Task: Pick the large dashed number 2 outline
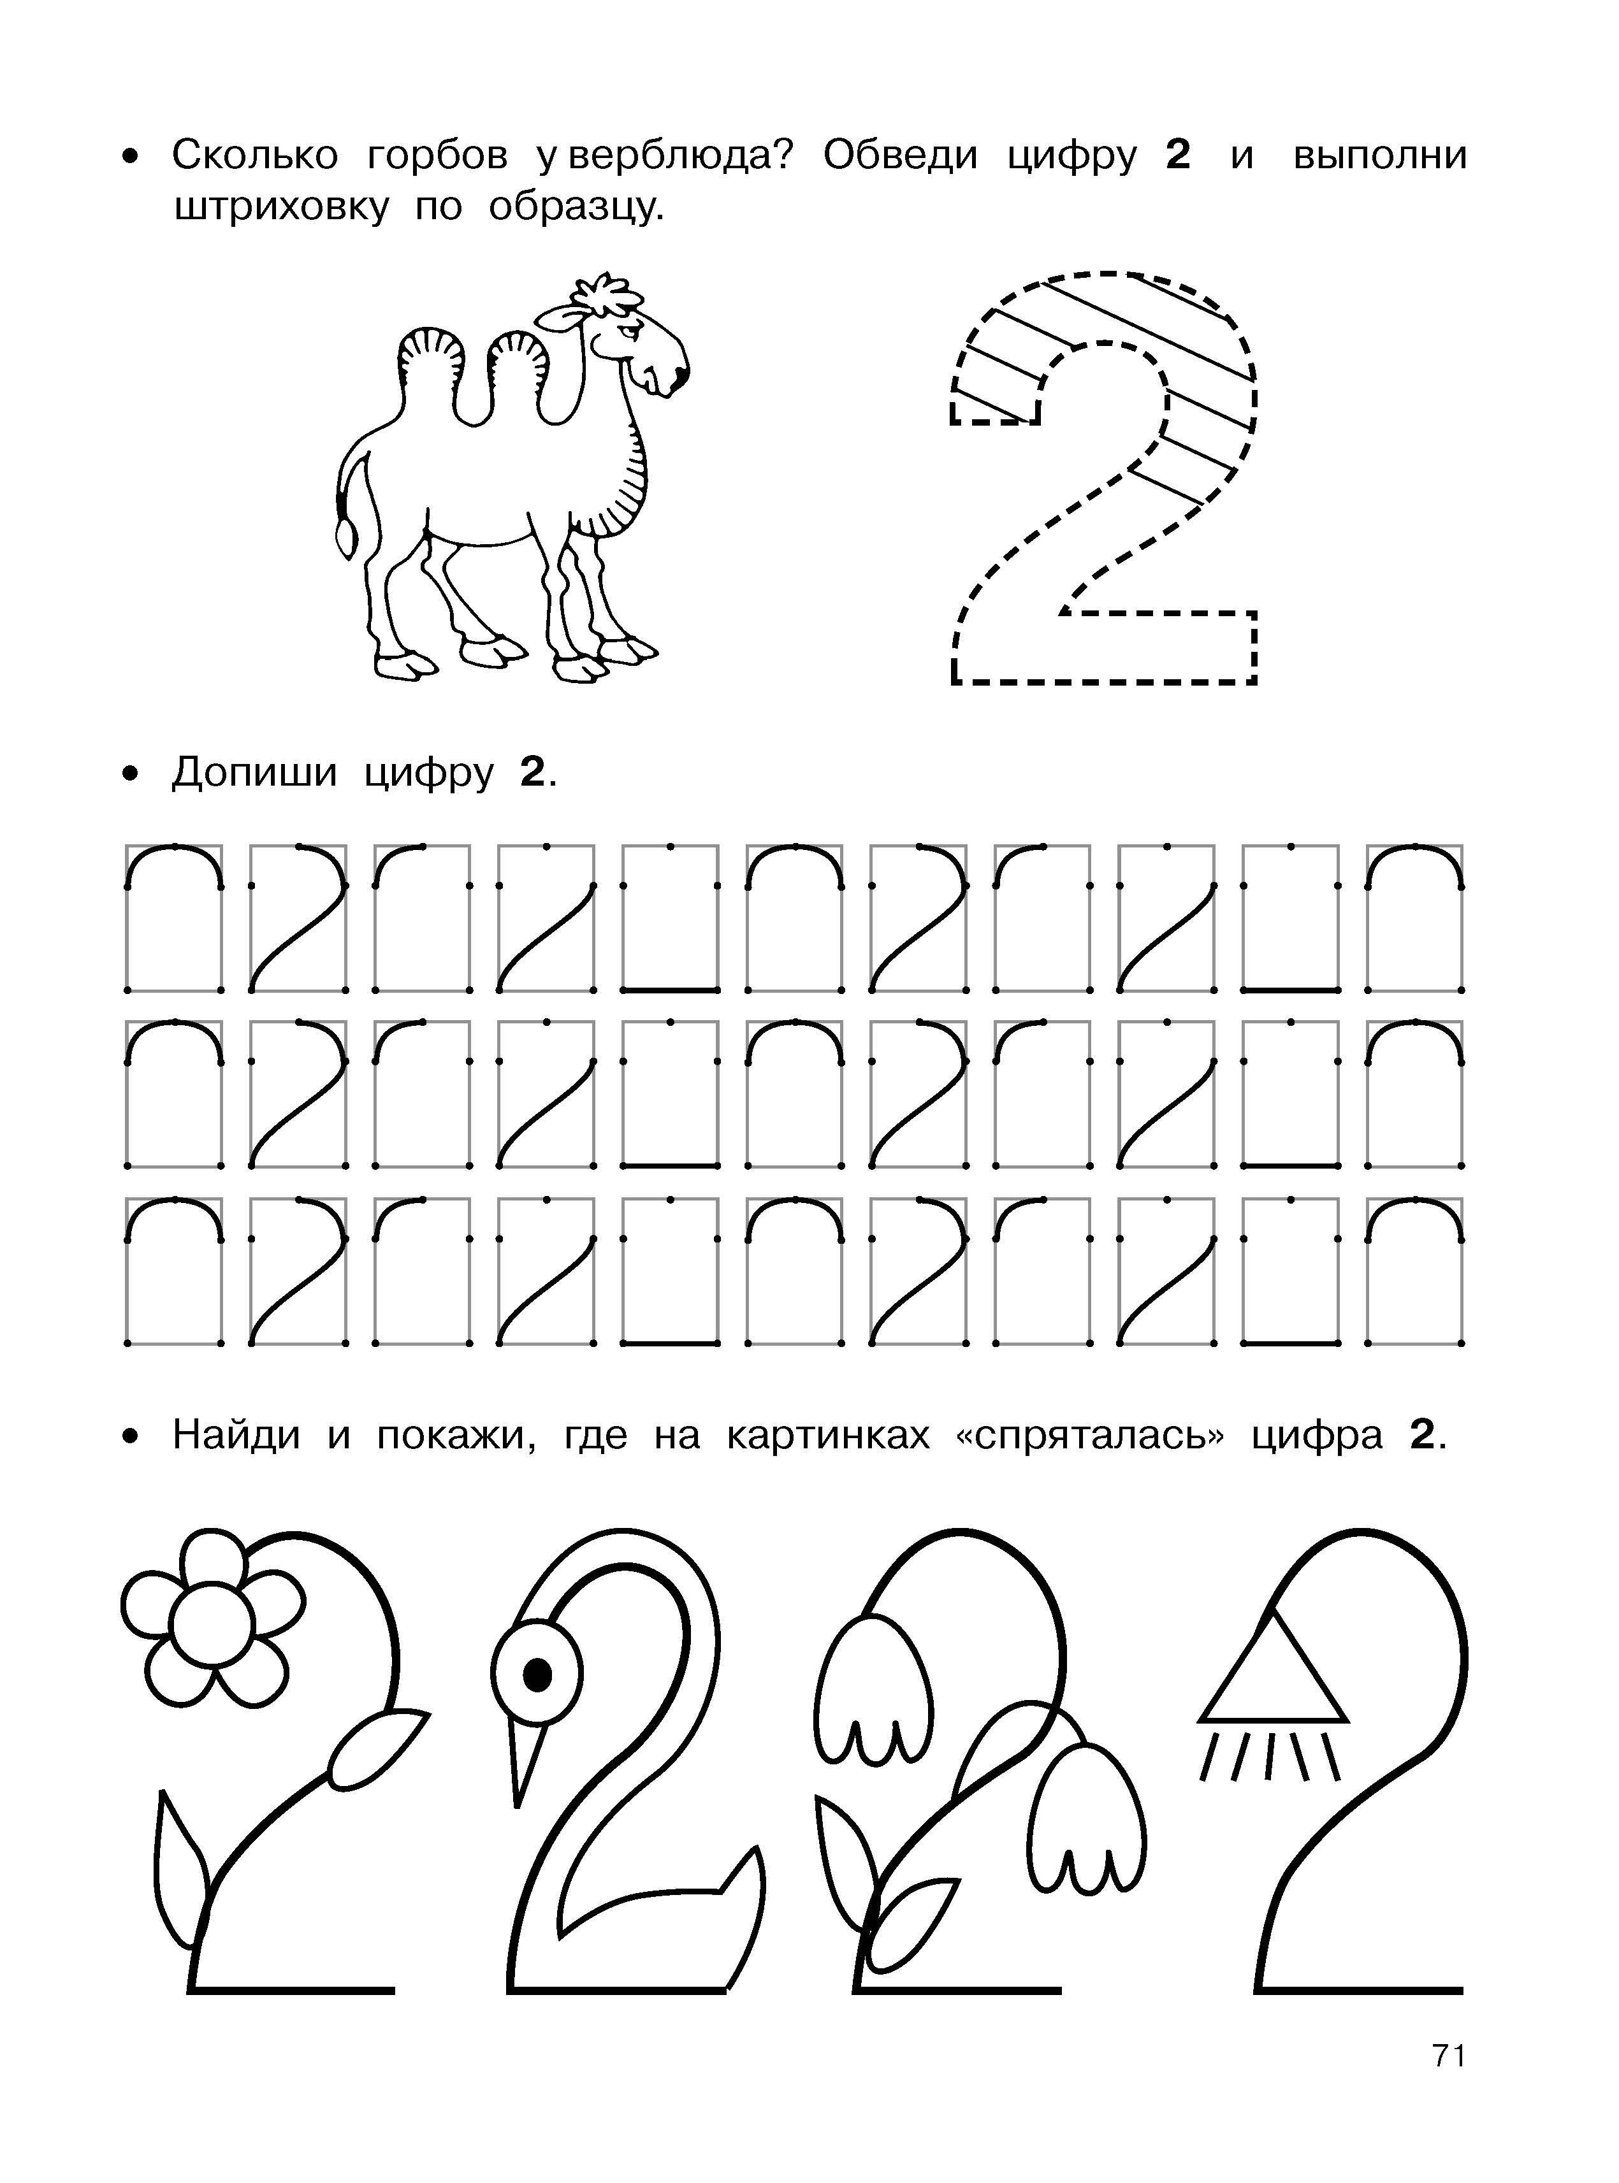[x=1103, y=477]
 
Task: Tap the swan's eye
[x=535, y=1675]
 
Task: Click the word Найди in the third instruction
[x=236, y=1436]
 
